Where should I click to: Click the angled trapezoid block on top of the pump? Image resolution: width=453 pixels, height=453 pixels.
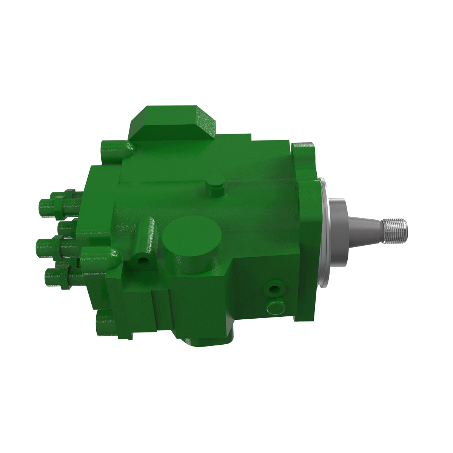click(172, 123)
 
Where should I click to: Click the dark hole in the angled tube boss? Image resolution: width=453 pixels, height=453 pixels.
click(143, 260)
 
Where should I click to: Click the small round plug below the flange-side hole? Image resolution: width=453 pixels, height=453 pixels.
click(275, 306)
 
